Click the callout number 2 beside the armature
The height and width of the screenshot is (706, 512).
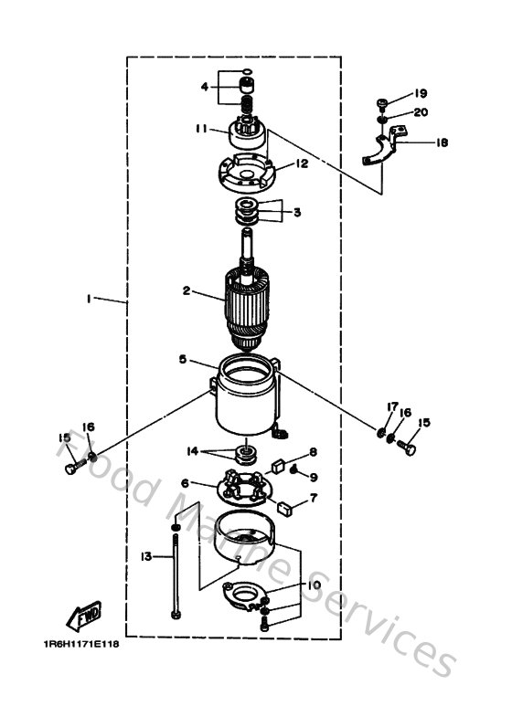[x=187, y=292]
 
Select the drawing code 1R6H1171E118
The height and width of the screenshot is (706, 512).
[x=80, y=644]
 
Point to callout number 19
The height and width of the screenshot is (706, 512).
[x=421, y=94]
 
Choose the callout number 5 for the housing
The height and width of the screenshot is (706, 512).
[x=185, y=361]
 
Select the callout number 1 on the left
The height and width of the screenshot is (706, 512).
[x=90, y=299]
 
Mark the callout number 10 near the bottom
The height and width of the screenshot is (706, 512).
[x=314, y=585]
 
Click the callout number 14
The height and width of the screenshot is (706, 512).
[x=192, y=451]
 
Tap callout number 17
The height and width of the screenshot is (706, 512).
[x=389, y=406]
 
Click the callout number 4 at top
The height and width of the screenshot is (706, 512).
[x=204, y=88]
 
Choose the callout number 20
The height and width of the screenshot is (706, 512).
[x=421, y=112]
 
